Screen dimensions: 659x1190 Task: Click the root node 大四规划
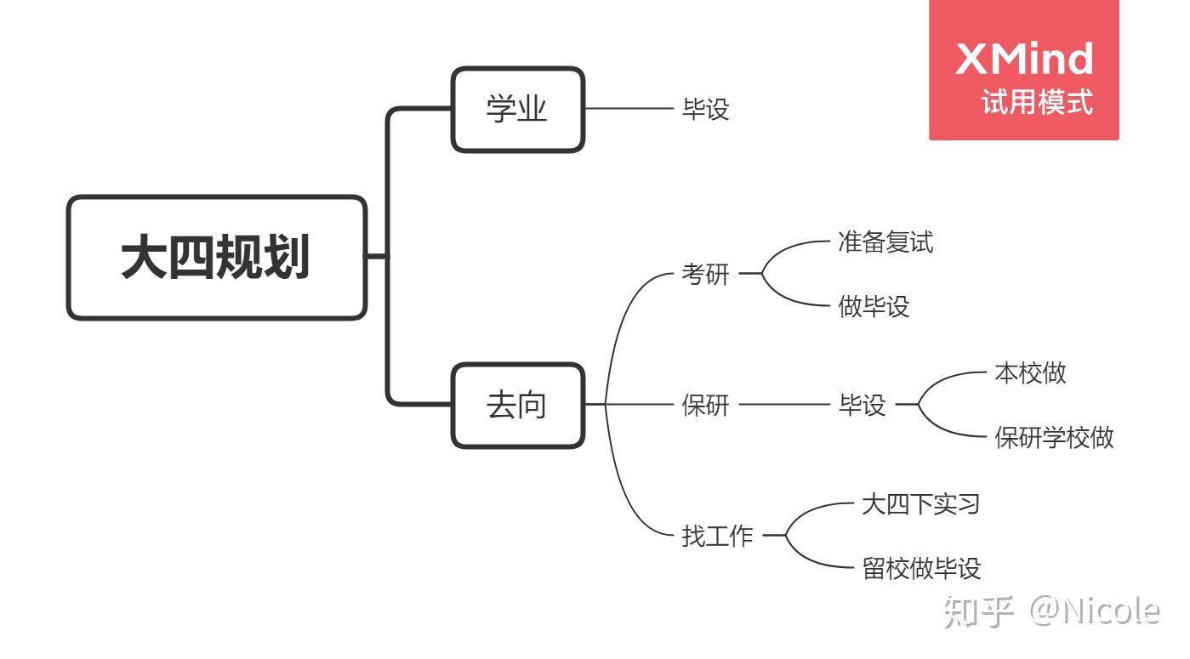tap(217, 258)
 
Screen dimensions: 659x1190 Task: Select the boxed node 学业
tap(517, 110)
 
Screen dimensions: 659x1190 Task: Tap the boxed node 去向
tap(517, 406)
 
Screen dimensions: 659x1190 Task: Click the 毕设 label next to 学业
tap(705, 110)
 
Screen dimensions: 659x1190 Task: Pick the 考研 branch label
tap(705, 275)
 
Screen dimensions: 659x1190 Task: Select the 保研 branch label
tap(705, 406)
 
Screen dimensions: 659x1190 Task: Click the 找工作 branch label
tap(717, 537)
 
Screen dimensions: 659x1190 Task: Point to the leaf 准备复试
tap(885, 242)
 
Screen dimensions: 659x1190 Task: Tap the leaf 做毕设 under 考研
tap(874, 307)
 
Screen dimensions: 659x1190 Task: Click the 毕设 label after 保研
tap(862, 406)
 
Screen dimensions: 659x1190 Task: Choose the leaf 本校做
tap(1029, 373)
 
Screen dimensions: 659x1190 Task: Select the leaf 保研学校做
tap(1054, 438)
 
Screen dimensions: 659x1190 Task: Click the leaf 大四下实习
tap(920, 504)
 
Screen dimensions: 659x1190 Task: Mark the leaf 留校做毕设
tap(921, 569)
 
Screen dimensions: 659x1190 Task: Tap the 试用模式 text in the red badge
tap(1036, 103)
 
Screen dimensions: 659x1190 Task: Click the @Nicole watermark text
tap(1094, 611)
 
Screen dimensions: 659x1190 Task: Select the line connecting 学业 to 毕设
tap(629, 109)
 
